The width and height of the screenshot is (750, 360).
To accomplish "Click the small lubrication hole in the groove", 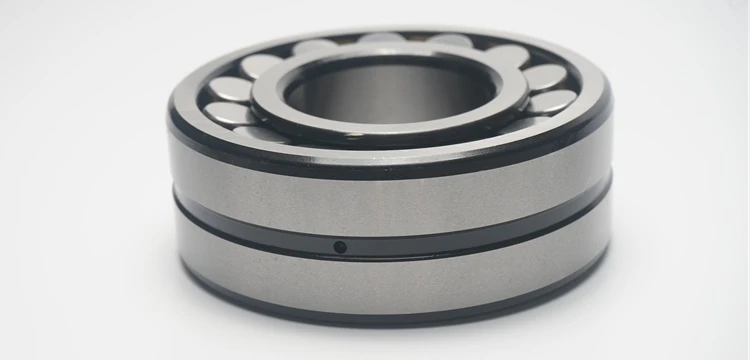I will tap(339, 246).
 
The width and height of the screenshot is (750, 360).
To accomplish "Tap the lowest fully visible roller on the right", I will tap(553, 100).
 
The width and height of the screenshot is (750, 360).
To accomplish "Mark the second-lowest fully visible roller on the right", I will tap(546, 76).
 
